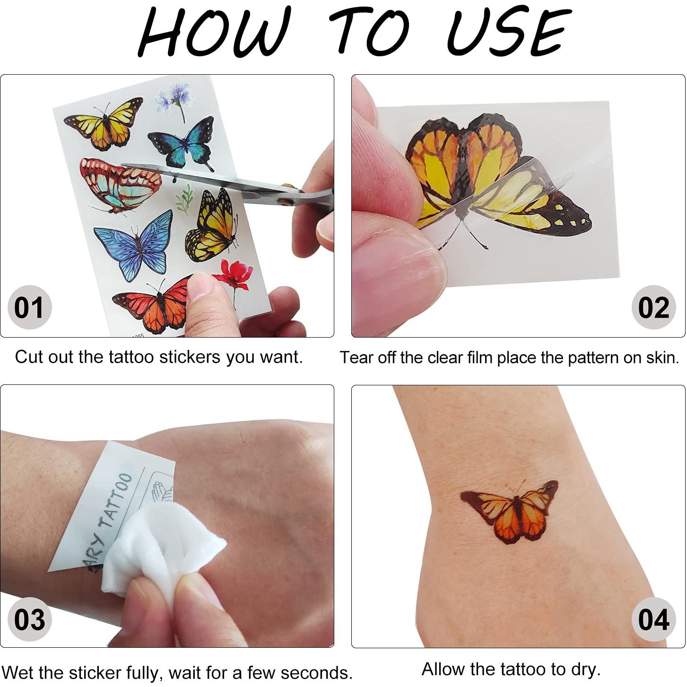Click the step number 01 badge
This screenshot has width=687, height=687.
coord(29,307)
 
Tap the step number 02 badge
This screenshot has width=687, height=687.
coord(653,307)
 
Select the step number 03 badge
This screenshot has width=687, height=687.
coord(29,619)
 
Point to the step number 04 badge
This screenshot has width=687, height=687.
coord(653,619)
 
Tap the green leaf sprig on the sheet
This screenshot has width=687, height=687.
coord(184,199)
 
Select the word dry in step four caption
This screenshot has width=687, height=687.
coord(586,670)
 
